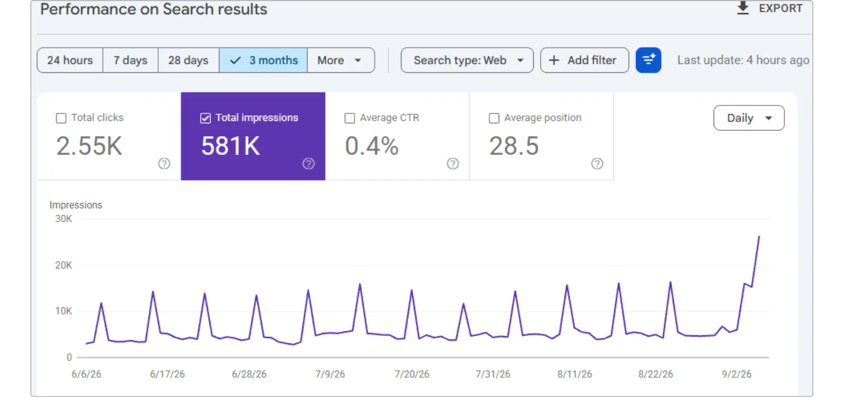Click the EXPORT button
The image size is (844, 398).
[x=769, y=9]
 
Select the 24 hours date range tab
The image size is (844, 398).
[x=70, y=60]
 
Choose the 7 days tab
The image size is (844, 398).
[x=130, y=60]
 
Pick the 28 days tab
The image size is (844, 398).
[x=188, y=60]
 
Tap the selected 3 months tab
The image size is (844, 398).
[x=263, y=60]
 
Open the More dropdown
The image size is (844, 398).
[x=341, y=60]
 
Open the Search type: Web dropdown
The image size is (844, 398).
[x=467, y=60]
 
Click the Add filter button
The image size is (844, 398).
[x=584, y=60]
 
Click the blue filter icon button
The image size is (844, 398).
[x=648, y=60]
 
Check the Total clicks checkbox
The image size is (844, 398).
[x=61, y=118]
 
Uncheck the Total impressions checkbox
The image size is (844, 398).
[x=205, y=118]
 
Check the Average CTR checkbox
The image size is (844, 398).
[x=350, y=118]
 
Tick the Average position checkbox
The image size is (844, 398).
[x=494, y=118]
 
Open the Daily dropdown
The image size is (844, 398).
[x=749, y=118]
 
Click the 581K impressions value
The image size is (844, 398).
[x=230, y=146]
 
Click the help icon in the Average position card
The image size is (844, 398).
[x=597, y=164]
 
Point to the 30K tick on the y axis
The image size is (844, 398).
[x=64, y=219]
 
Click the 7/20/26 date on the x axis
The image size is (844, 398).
[x=412, y=374]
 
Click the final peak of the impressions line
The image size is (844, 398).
[x=759, y=236]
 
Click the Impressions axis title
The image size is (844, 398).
[x=76, y=205]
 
